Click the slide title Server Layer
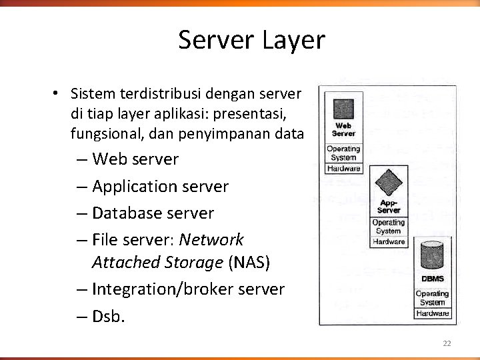pyautogui.click(x=251, y=40)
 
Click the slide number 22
pyautogui.click(x=447, y=343)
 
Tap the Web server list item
pyautogui.click(x=135, y=159)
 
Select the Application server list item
pyautogui.click(x=160, y=187)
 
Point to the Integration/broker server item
pyautogui.click(x=188, y=289)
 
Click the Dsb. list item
pyautogui.click(x=109, y=316)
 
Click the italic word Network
pyautogui.click(x=211, y=239)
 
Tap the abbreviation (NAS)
pyautogui.click(x=249, y=263)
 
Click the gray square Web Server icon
pyautogui.click(x=343, y=108)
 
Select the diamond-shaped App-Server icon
pyautogui.click(x=388, y=181)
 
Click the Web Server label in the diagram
pyautogui.click(x=343, y=129)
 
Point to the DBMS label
pyautogui.click(x=433, y=279)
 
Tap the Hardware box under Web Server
pyautogui.click(x=344, y=169)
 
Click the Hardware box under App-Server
pyautogui.click(x=389, y=242)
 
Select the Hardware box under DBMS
pyautogui.click(x=433, y=313)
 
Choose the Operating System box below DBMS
pyautogui.click(x=433, y=298)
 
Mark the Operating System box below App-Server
pyautogui.click(x=389, y=227)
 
